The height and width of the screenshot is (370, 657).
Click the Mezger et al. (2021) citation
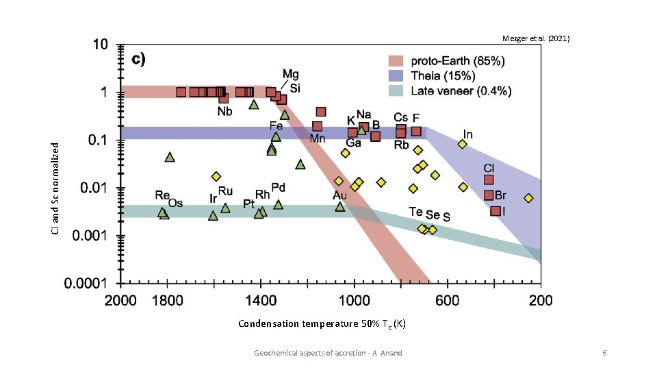535,39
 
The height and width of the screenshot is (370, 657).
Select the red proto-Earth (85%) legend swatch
397,61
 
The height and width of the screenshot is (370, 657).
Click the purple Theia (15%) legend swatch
397,75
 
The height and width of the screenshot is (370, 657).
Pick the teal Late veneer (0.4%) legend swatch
397,90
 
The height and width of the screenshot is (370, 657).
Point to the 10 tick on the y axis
99,45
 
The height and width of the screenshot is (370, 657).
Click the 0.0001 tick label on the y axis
85,283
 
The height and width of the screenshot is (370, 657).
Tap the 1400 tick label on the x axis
260,300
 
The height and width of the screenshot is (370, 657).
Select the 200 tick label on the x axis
541,300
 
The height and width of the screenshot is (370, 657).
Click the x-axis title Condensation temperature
322,323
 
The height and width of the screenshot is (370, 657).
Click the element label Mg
290,74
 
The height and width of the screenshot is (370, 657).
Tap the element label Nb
224,111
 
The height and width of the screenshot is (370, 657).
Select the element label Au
339,196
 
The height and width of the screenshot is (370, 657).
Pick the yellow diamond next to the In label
463,144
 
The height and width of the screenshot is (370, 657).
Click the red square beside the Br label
489,195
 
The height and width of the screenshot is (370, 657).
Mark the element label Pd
279,187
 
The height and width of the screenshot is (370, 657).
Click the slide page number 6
604,352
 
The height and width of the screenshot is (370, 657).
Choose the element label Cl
489,168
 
